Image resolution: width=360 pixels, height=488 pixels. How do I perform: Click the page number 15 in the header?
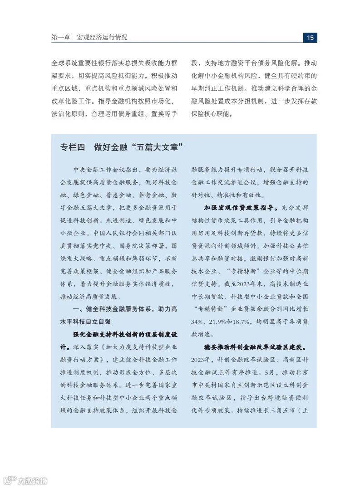310,38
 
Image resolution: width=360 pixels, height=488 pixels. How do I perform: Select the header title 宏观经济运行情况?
102,38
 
